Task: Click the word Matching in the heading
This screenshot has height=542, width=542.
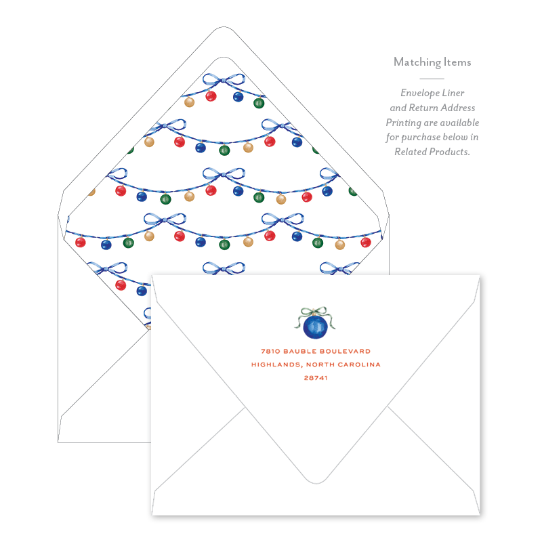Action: tap(416, 62)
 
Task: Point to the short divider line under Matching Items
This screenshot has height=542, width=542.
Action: tap(432, 79)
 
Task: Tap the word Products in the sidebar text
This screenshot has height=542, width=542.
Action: tap(451, 152)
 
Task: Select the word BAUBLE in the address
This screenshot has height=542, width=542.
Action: tap(301, 351)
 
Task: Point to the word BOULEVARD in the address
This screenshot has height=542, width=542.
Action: tap(346, 351)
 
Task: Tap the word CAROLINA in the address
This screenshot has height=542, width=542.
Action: tap(356, 364)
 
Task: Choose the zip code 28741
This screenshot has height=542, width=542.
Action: tap(316, 378)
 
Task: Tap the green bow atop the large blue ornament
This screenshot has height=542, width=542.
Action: tap(316, 312)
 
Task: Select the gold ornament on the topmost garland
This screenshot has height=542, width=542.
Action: tap(190, 102)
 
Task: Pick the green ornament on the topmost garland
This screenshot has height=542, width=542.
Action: tap(258, 103)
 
